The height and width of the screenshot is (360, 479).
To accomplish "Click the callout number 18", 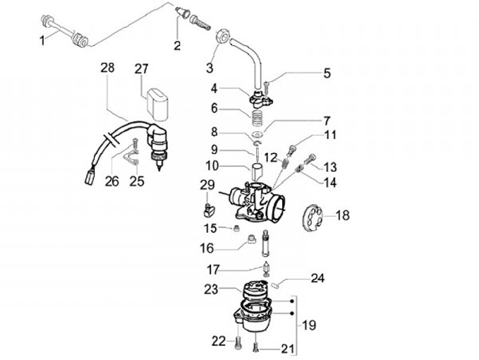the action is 343,215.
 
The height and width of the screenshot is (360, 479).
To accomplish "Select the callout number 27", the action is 141,69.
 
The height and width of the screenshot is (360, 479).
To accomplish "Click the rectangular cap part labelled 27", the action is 157,103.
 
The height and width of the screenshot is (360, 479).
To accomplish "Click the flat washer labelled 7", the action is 259,134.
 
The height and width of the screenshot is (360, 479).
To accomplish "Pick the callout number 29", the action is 208,185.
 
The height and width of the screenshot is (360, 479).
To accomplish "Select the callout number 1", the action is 43,41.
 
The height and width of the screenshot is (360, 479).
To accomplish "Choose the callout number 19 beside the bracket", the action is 309,325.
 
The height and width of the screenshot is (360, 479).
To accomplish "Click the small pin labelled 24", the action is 275,285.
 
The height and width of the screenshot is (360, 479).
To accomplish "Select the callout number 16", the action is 207,248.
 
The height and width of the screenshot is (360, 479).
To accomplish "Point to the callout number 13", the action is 330,167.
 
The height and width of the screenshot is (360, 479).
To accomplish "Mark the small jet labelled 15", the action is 236,229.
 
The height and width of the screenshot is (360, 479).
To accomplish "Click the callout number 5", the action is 327,73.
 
